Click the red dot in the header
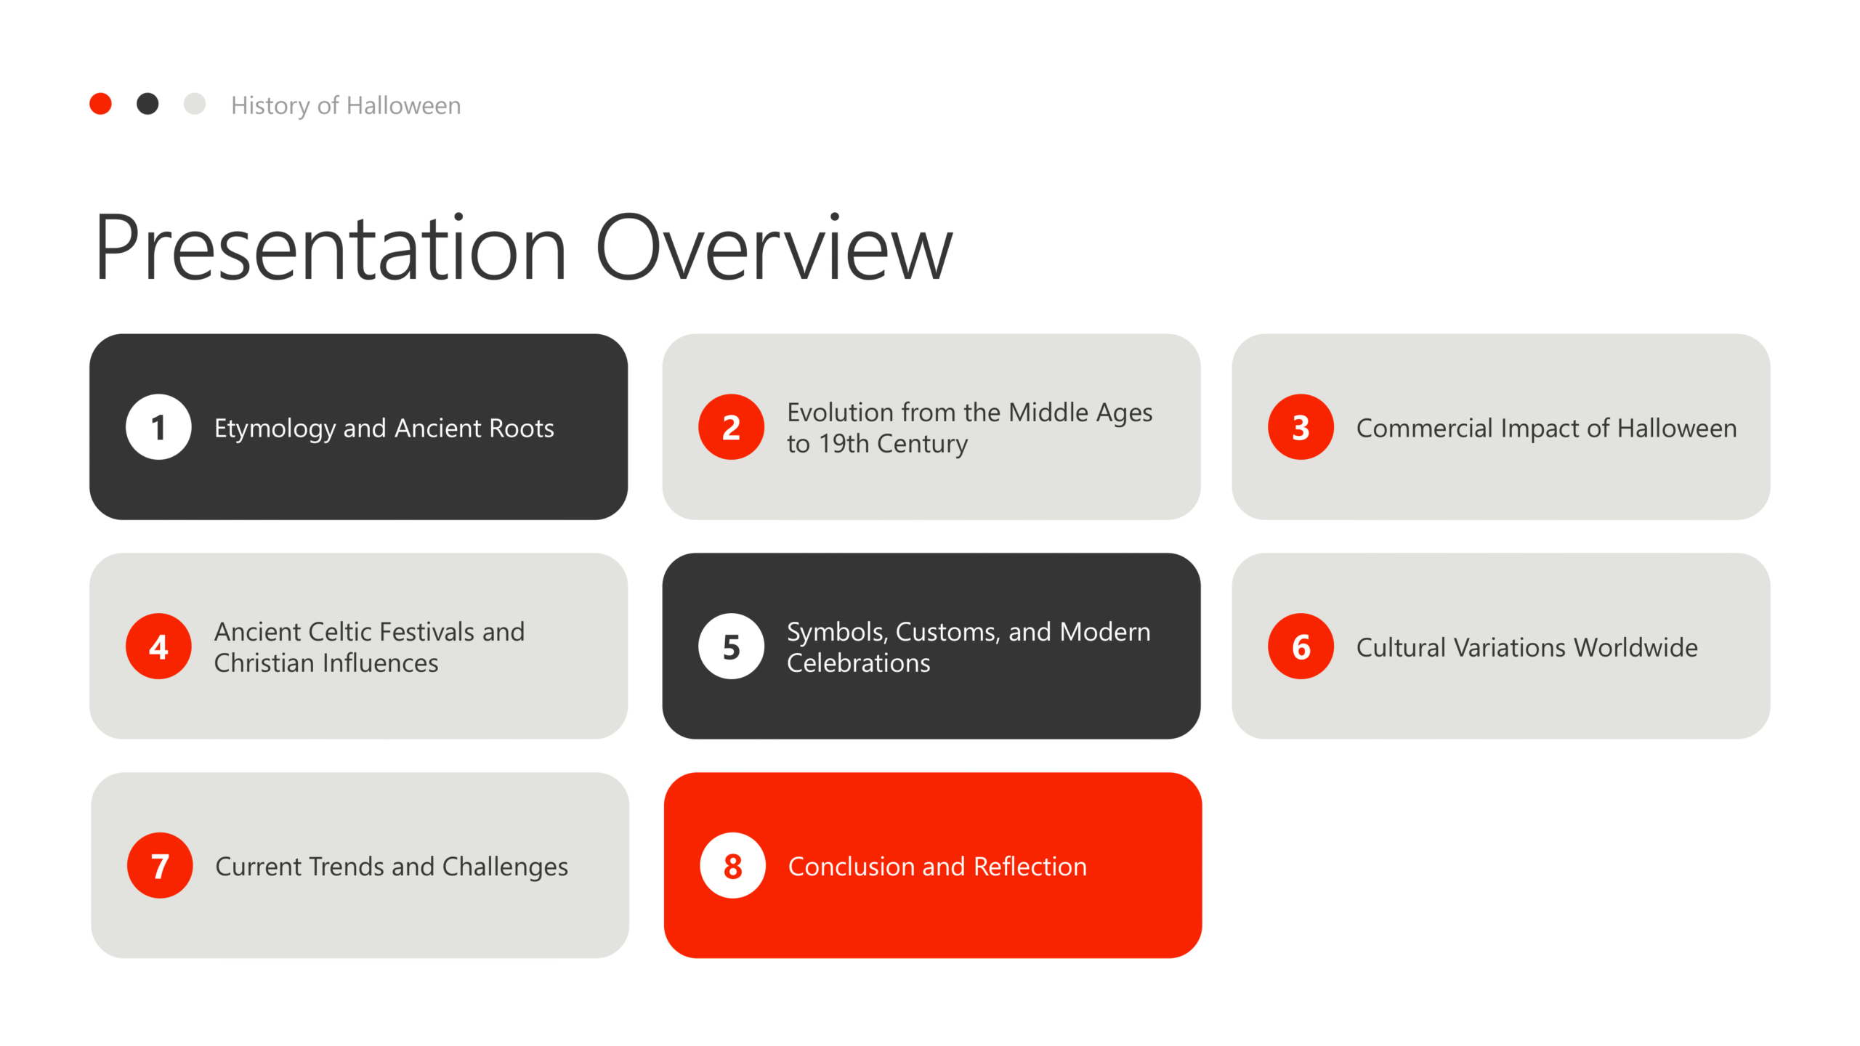click(100, 104)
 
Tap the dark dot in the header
click(147, 104)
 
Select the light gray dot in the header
click(195, 104)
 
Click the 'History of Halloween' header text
click(346, 106)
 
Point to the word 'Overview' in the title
click(774, 248)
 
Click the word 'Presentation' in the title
click(331, 248)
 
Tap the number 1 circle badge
click(158, 427)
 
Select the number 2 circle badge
click(731, 427)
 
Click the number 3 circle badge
click(1301, 427)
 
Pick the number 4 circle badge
click(158, 646)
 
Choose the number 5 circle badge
click(731, 646)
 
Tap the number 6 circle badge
click(1301, 646)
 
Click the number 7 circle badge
click(160, 866)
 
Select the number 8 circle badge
click(732, 866)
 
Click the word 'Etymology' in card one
click(275, 429)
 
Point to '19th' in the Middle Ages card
click(843, 443)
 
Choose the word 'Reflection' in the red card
click(1030, 867)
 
